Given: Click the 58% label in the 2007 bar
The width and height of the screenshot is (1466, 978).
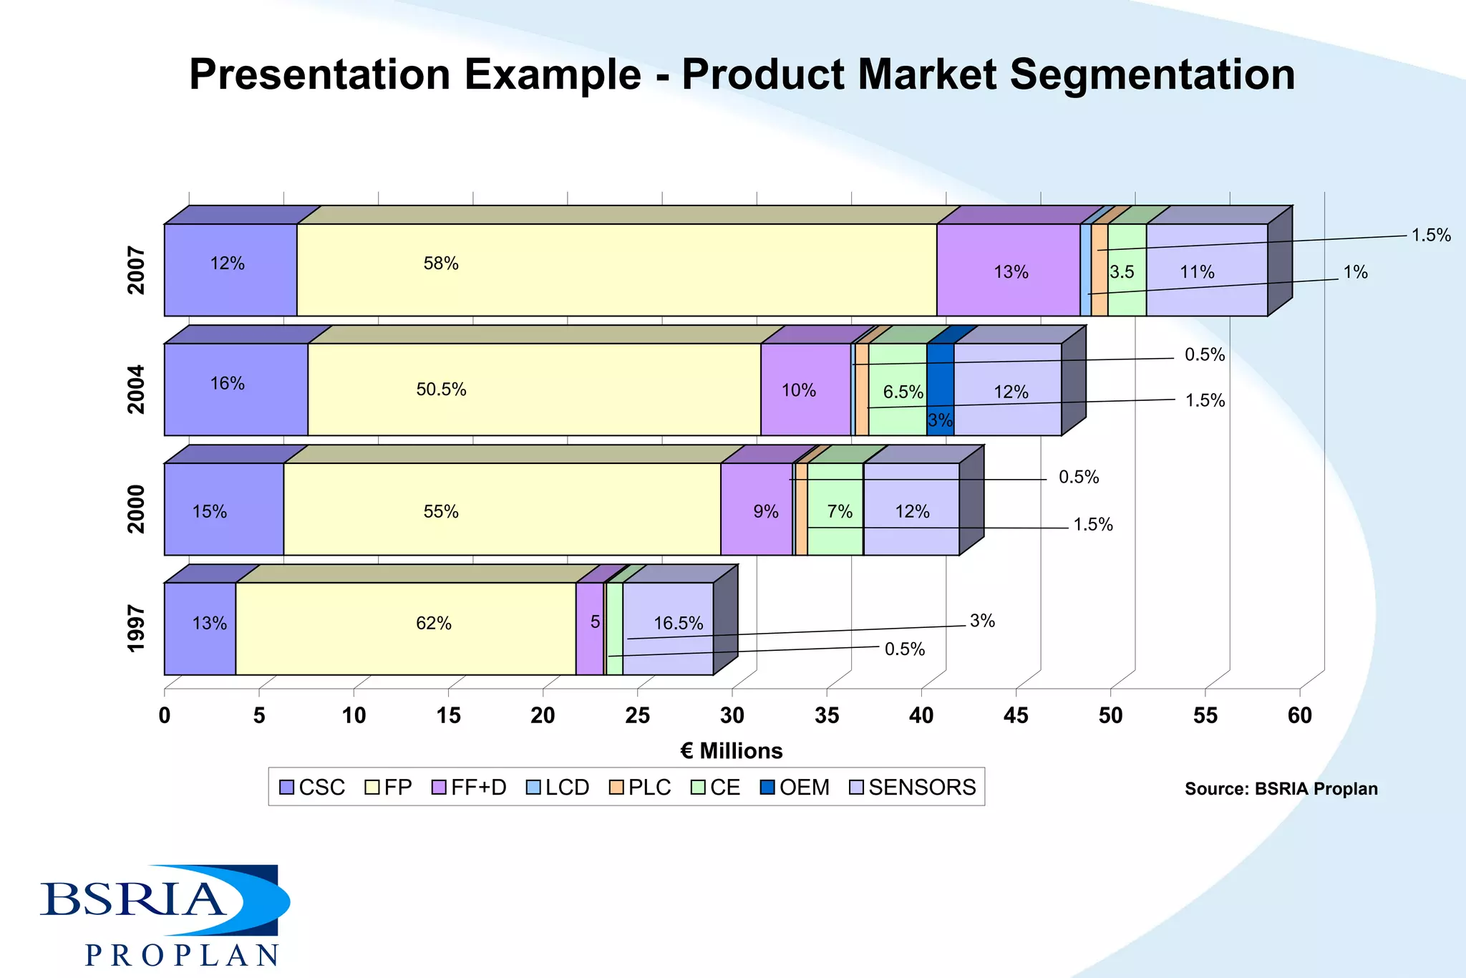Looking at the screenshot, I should (440, 263).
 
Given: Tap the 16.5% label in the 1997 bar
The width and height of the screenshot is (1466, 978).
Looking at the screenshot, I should (678, 624).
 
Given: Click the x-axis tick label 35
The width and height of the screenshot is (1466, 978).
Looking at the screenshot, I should (827, 715).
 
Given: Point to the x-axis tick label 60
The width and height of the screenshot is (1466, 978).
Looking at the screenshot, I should (1299, 715).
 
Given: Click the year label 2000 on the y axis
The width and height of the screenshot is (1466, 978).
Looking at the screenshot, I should (136, 509).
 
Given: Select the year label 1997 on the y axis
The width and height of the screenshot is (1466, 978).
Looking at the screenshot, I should (136, 629).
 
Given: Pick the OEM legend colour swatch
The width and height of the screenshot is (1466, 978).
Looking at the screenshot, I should (767, 788).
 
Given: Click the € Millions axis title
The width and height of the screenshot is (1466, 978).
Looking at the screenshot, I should (731, 751).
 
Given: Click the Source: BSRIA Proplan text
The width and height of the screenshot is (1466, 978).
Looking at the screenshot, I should (1281, 789).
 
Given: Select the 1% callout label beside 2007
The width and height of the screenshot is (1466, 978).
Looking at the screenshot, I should (1354, 272).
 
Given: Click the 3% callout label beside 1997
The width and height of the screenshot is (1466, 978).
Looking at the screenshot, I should (982, 621).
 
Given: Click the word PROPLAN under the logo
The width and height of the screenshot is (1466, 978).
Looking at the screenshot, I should (182, 956).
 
